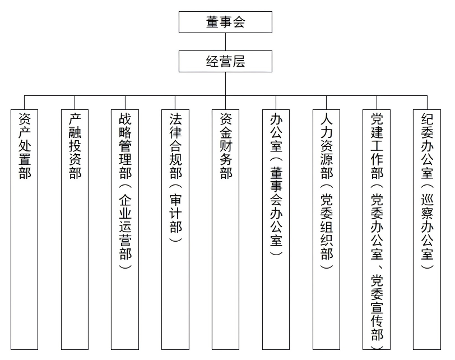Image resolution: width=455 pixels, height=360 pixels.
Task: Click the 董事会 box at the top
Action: (225, 22)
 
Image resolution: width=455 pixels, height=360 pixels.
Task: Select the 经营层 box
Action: (225, 61)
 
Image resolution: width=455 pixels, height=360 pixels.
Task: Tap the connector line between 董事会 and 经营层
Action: (225, 42)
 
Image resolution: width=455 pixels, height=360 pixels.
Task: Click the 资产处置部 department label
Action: (25, 145)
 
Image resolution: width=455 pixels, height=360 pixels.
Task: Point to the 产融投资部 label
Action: (75, 145)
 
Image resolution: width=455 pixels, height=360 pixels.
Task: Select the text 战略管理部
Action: (126, 145)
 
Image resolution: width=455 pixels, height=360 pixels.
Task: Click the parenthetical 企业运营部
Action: (126, 227)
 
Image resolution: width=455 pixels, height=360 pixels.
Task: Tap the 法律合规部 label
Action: (175, 145)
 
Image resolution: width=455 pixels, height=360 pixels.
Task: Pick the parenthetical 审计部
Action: (175, 214)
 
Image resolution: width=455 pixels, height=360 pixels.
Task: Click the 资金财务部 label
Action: (226, 145)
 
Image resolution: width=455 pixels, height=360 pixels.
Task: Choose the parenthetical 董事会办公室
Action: (276, 207)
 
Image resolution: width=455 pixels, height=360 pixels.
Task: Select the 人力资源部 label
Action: (327, 145)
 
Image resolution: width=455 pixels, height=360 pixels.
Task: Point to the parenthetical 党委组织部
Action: (327, 227)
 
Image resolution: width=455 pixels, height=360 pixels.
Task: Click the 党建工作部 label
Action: (377, 145)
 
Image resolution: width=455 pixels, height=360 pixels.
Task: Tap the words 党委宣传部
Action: (377, 307)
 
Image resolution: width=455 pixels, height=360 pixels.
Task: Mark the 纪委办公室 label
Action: (427, 145)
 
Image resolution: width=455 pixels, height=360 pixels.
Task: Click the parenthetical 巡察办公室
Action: (427, 227)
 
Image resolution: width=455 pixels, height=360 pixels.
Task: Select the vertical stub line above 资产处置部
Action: (25, 103)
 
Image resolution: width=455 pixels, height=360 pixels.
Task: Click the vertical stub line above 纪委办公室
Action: (427, 103)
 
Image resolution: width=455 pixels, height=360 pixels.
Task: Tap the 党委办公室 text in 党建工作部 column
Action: (377, 227)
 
